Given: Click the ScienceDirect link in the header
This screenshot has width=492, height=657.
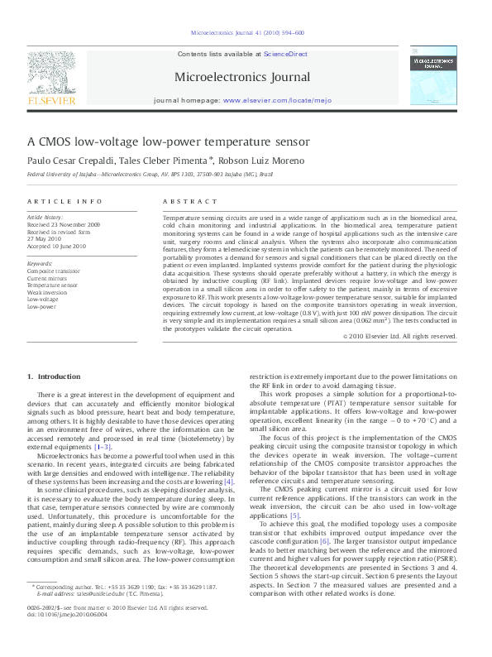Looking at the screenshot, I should (x=285, y=53).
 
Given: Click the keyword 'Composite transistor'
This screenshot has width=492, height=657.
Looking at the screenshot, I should (x=54, y=271).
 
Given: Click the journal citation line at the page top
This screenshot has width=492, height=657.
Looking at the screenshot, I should (x=247, y=33).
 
